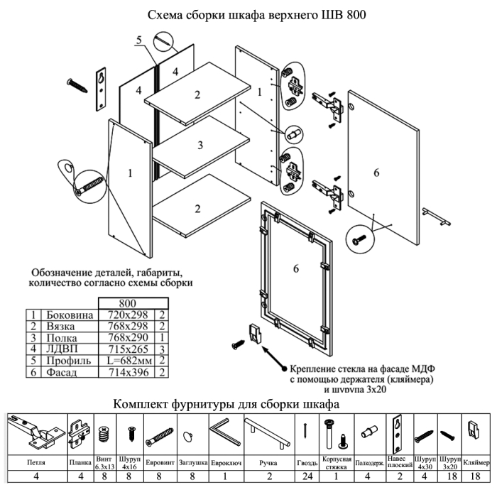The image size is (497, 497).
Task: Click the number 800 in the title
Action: pos(354,15)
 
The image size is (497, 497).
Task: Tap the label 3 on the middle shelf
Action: pos(201,146)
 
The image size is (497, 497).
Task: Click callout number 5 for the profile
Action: pos(141,40)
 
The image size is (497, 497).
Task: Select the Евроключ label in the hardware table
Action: pos(224,461)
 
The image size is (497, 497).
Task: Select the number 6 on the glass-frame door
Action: pos(296,268)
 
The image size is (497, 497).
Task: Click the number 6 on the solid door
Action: pos(377,173)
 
